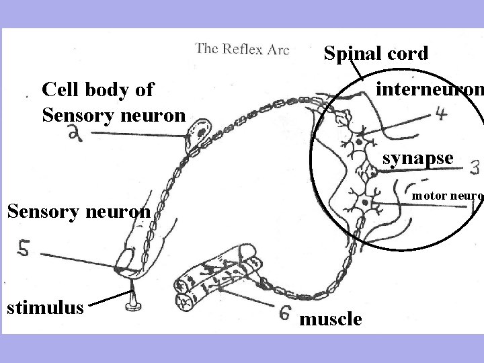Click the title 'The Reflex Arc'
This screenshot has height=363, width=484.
(242, 49)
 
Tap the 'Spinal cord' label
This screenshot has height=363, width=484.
(375, 54)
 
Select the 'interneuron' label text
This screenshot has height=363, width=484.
(430, 89)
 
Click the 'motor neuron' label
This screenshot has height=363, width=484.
(446, 196)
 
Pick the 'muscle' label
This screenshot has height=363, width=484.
(330, 319)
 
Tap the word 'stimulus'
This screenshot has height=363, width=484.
(45, 308)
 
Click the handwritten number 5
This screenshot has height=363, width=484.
(24, 249)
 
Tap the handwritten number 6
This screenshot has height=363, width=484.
(285, 313)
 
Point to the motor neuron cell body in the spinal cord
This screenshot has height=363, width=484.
(364, 202)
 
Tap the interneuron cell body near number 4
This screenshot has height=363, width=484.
(360, 143)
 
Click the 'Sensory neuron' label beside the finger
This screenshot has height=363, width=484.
(78, 212)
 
